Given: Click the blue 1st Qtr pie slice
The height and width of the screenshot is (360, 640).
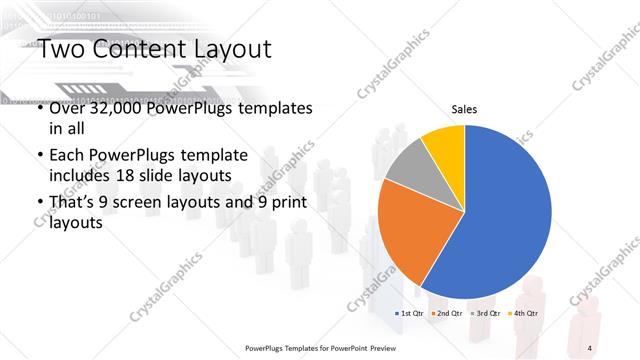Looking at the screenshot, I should tap(505, 215).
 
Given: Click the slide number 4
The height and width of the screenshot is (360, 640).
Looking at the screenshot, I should tap(589, 347).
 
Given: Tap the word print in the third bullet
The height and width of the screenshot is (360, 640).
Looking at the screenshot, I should tap(286, 203).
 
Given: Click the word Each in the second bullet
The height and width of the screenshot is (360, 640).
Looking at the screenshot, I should tap(67, 155).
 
